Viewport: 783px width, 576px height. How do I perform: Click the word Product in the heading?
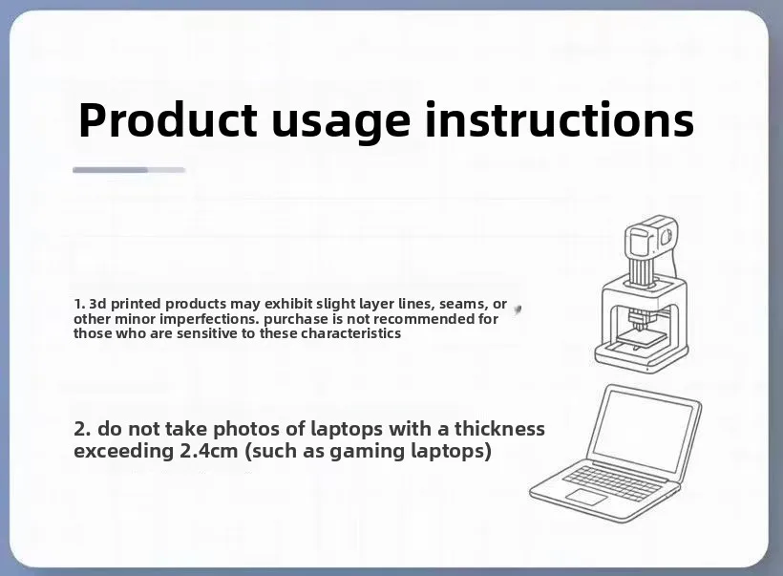point(168,120)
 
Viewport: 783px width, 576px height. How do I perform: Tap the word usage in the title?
point(341,125)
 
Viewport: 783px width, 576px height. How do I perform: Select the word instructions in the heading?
point(560,120)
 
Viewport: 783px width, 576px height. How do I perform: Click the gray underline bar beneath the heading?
point(129,170)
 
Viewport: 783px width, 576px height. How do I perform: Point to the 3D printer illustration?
point(641,294)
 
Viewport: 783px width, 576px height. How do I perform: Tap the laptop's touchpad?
point(586,497)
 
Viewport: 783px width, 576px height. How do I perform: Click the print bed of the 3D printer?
point(641,339)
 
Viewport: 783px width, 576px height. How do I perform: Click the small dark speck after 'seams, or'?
point(518,310)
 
